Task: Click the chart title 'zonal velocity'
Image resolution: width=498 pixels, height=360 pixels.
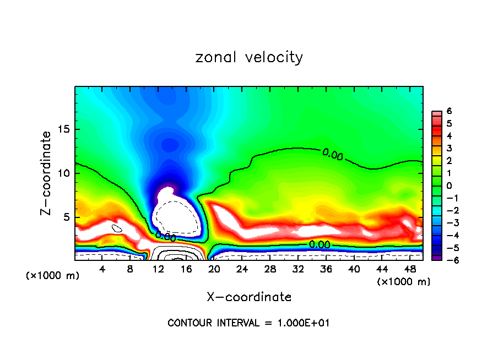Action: point(249,57)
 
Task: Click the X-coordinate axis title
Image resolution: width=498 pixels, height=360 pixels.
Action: point(249,297)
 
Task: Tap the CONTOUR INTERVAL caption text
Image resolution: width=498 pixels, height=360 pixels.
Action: point(248,323)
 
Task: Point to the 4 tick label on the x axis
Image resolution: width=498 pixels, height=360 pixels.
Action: point(102,269)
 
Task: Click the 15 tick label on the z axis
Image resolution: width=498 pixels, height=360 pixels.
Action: point(63,130)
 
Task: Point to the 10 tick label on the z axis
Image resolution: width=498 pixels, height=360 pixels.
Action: point(63,173)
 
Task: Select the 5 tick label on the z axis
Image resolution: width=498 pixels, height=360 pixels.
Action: point(66,217)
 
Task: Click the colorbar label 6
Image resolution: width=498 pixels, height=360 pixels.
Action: point(449,111)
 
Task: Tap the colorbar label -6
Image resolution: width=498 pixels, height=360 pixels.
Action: point(447,260)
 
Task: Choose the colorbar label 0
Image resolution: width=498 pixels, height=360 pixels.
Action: point(449,186)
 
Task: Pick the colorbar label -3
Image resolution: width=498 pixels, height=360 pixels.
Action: point(447,223)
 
